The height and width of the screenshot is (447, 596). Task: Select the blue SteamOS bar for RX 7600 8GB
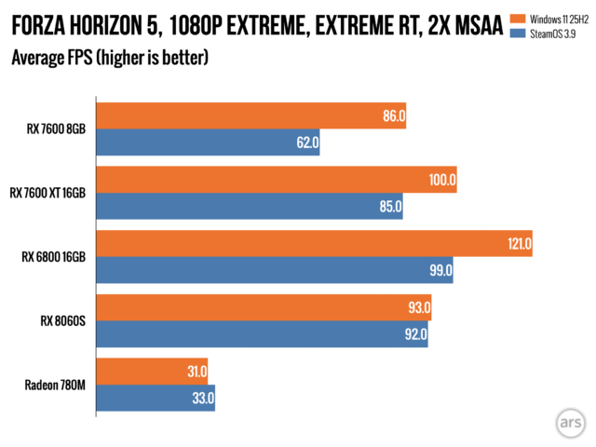pos(207,143)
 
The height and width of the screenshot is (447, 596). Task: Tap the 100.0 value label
pos(442,181)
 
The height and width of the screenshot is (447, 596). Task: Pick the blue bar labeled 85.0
pos(249,207)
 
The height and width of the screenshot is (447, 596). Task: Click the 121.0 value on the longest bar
pos(518,244)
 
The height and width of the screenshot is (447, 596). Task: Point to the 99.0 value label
pos(440,271)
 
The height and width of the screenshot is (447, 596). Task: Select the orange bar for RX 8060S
pos(263,308)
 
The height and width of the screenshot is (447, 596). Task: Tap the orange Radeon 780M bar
pos(151,372)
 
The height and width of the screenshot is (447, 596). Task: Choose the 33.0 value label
pos(202,399)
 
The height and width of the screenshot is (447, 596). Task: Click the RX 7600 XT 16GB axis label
pos(47,193)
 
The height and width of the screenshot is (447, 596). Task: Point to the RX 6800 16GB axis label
pos(54,257)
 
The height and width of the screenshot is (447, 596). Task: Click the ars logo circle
pos(570,421)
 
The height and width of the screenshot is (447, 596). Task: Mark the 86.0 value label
pos(393,117)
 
